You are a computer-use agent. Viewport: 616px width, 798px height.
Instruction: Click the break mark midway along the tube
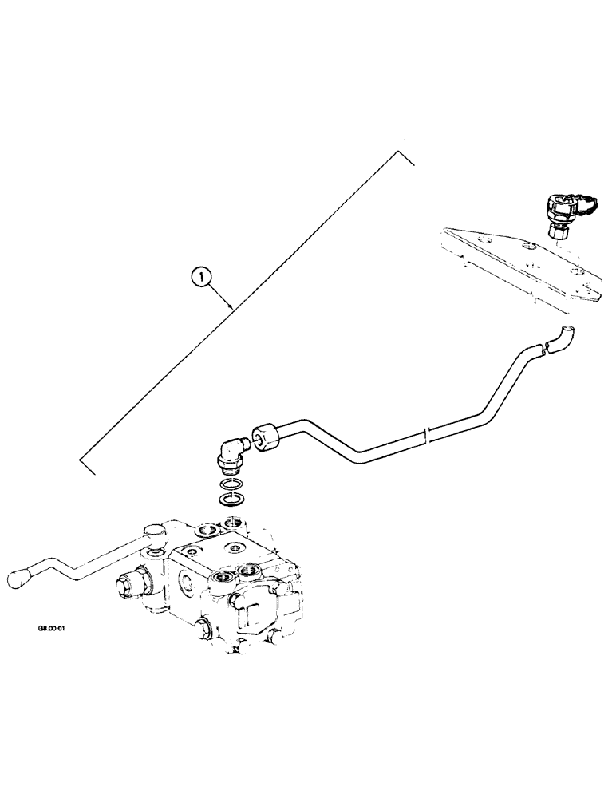(428, 436)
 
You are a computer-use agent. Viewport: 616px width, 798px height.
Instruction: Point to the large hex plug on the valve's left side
(128, 585)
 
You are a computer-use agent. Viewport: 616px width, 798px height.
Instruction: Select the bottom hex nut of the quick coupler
(559, 231)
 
